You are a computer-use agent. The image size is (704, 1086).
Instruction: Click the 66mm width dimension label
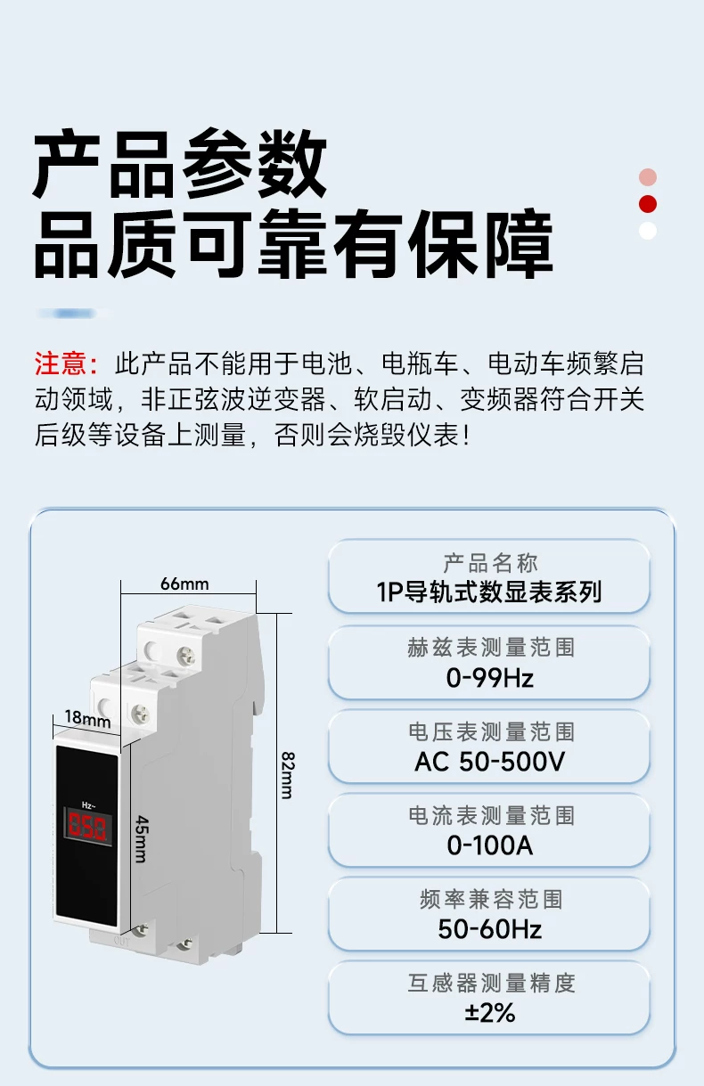click(184, 584)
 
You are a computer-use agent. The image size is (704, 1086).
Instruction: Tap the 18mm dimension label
click(87, 718)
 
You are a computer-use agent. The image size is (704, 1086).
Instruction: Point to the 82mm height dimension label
click(288, 775)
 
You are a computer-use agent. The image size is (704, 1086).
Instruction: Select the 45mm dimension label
click(142, 838)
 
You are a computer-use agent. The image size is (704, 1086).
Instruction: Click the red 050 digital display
click(87, 826)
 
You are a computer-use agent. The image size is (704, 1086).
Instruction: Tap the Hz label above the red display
click(88, 804)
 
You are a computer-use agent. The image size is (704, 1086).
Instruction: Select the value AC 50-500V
click(490, 761)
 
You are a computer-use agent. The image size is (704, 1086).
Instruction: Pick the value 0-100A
click(490, 845)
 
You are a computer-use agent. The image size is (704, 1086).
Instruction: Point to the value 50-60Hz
click(490, 929)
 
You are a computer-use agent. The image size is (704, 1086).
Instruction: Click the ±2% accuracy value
click(490, 1013)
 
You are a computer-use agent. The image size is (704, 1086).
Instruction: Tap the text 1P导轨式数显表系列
click(489, 592)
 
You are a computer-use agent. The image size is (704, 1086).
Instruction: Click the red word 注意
click(61, 363)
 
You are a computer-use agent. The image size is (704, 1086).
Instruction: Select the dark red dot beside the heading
click(648, 204)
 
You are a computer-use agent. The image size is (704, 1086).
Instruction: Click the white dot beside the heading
click(648, 231)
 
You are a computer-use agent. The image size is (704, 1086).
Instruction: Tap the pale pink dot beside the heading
click(648, 177)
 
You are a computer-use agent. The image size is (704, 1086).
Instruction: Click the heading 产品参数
click(179, 163)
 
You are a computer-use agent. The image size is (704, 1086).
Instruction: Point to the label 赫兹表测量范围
click(491, 648)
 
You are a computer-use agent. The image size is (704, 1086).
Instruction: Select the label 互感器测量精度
click(491, 984)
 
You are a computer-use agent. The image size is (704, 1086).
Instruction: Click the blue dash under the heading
click(73, 314)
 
